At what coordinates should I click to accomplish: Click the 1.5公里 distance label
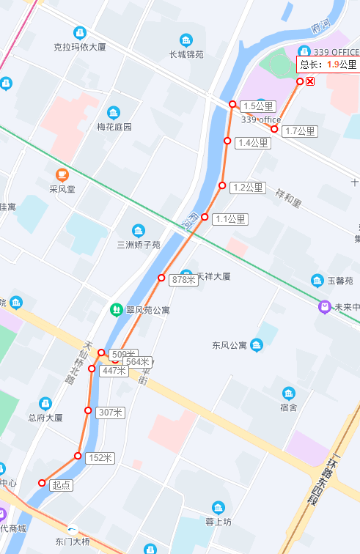coord(253,106)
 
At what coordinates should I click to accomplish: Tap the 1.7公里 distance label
coord(300,131)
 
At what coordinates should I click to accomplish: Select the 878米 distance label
coord(183,279)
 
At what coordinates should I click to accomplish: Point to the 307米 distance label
coord(110,413)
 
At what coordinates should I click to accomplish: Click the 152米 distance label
coord(100,458)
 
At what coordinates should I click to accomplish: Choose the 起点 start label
coord(62,484)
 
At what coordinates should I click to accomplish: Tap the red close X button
coord(310,81)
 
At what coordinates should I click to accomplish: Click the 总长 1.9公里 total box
coord(328,64)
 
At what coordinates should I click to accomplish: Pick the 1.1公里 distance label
coord(231,218)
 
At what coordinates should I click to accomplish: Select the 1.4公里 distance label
coord(253,142)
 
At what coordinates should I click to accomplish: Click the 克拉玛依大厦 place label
coord(80,47)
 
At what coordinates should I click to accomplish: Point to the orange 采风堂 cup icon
coord(62,174)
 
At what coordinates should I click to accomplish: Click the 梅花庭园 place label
coord(114,126)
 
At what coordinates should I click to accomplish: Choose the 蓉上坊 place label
coord(218,522)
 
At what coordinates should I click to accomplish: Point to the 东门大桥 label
coord(72,542)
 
